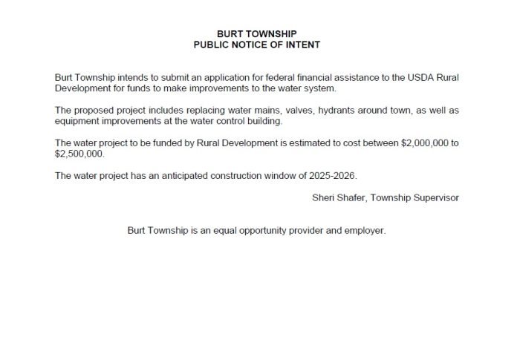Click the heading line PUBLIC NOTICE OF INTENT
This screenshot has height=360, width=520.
tap(256, 45)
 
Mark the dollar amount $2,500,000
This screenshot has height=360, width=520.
tap(79, 154)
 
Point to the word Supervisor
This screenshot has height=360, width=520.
tap(435, 197)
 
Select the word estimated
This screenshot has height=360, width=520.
tap(292, 143)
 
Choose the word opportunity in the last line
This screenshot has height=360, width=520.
tap(254, 231)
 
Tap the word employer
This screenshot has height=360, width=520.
tap(364, 231)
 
